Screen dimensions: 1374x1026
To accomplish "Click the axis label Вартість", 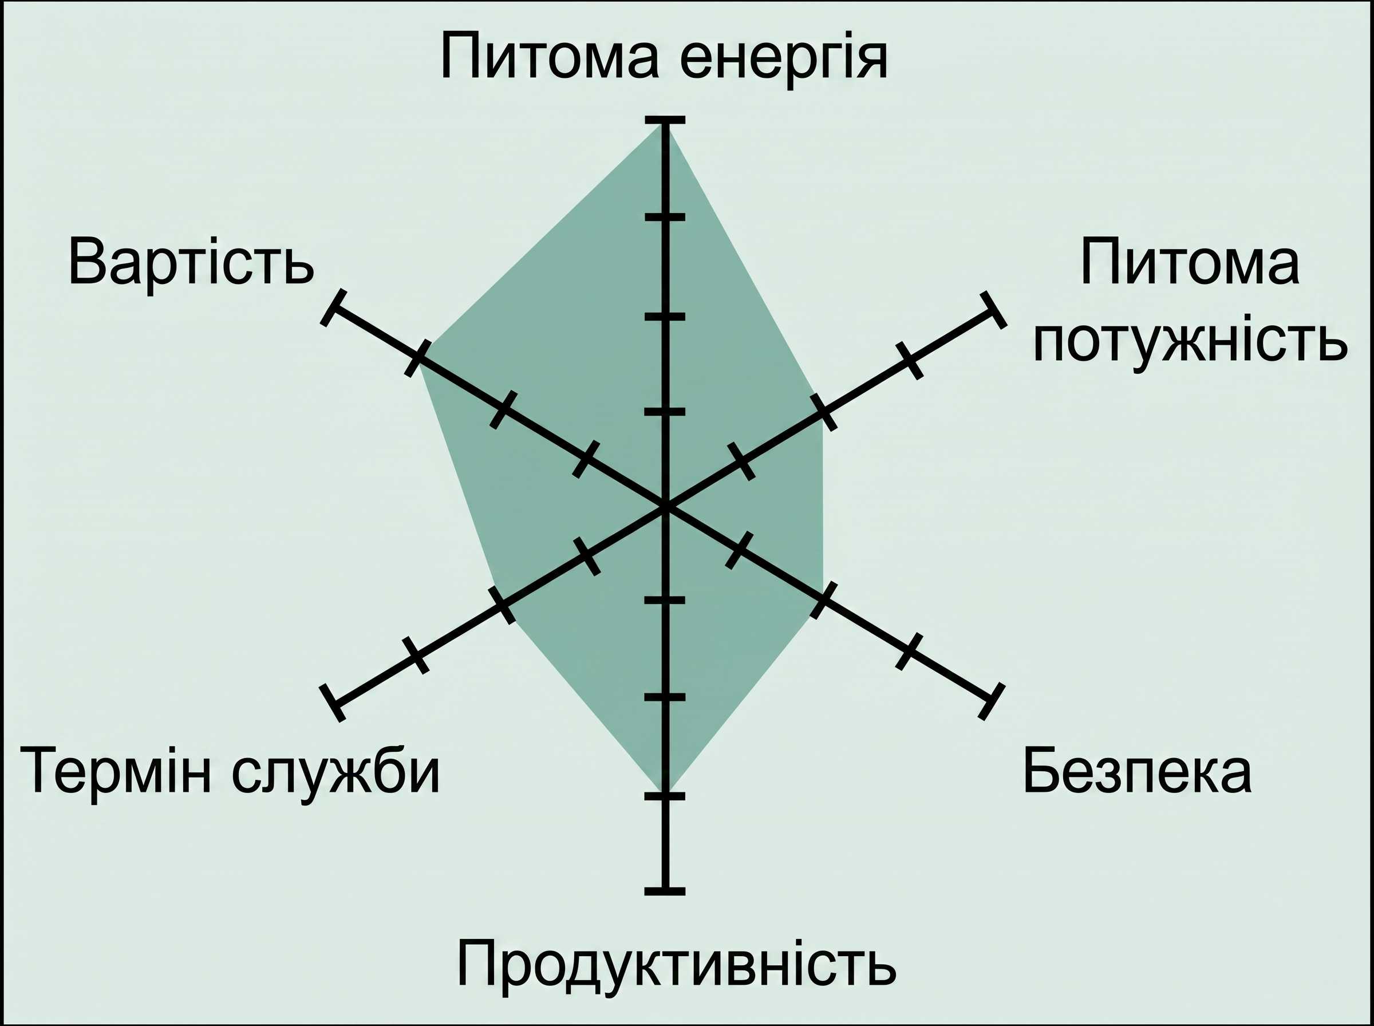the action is point(191,262).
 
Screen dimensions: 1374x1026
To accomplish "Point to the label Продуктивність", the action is point(677,968).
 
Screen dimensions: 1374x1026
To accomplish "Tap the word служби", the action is point(337,776).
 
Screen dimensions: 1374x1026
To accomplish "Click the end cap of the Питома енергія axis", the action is point(665,120).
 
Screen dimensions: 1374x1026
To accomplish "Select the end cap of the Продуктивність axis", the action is point(665,892).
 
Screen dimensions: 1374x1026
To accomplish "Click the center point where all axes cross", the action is point(665,507).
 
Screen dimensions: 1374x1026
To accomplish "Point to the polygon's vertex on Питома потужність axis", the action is point(823,412).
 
